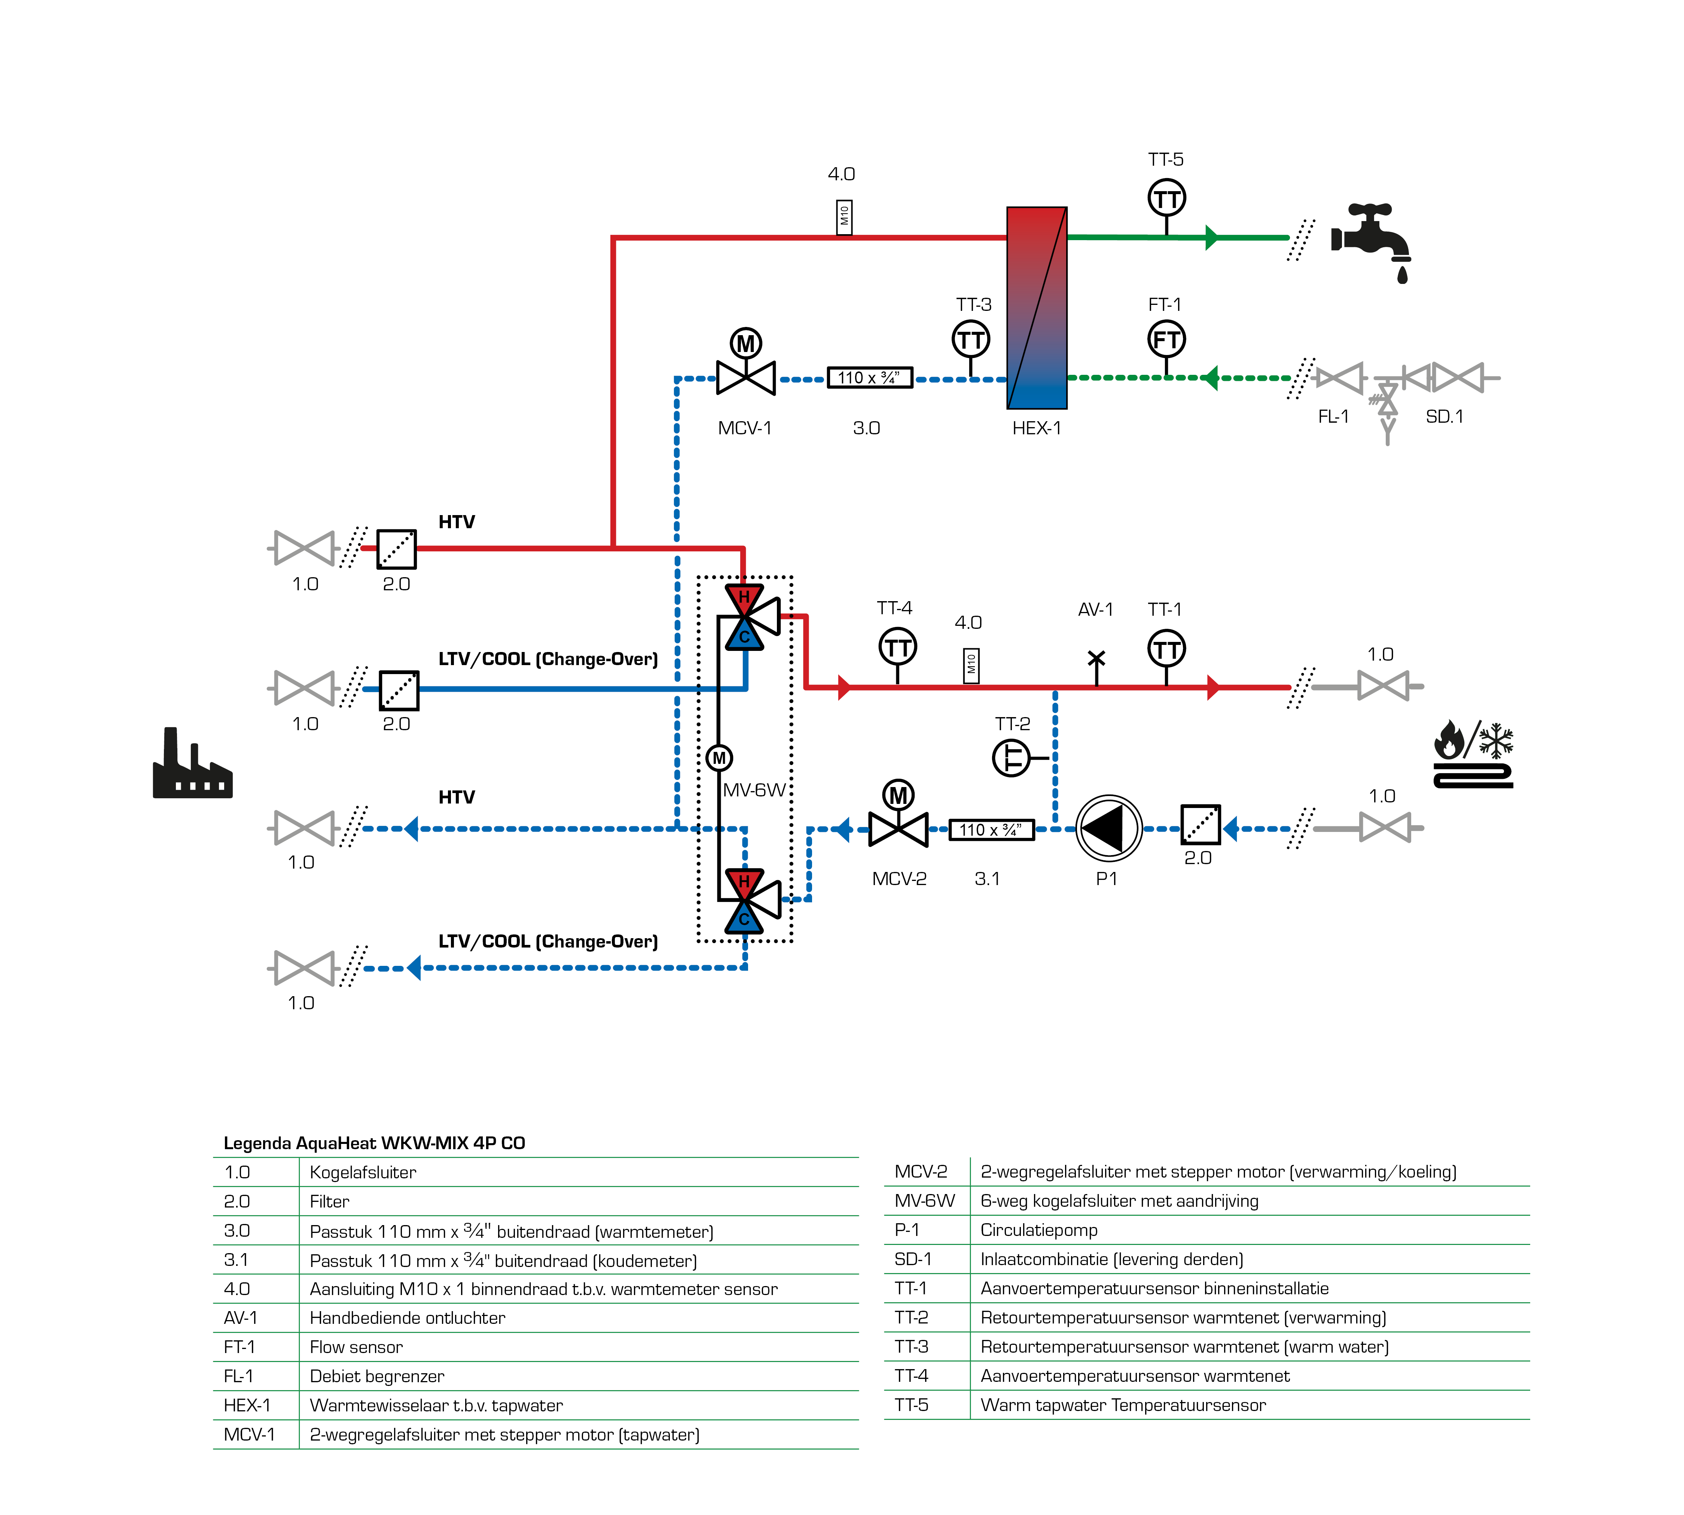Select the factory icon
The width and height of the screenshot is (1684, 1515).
click(x=192, y=766)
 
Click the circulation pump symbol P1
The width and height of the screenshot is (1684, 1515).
click(x=1108, y=828)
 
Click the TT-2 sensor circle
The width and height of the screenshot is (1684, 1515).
click(x=1011, y=757)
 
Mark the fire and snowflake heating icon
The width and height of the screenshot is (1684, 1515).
click(x=1473, y=753)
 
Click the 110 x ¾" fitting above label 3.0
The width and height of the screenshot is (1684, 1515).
click(x=869, y=378)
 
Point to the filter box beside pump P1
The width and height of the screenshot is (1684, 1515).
click(x=1200, y=825)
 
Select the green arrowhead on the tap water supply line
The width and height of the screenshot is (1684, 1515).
click(x=1212, y=237)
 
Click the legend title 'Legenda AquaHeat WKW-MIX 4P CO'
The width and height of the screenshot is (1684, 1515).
click(x=374, y=1143)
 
